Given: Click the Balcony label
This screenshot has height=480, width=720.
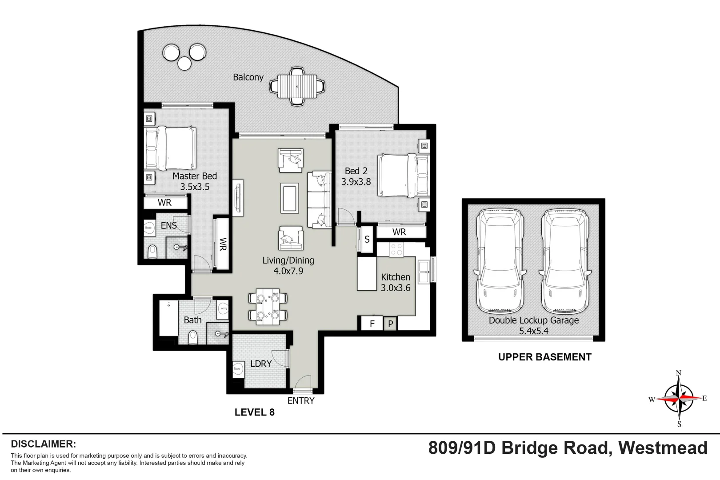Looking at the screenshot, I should pos(248,77).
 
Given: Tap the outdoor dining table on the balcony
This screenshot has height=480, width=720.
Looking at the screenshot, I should pos(297,86).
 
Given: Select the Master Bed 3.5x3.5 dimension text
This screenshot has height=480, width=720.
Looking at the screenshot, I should pos(195,187).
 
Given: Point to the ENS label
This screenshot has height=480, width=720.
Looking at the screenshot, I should pos(169,226).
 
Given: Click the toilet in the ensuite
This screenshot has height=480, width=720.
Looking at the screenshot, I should pos(152,251).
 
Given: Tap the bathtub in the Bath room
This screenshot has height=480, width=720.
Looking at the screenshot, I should pos(168,318).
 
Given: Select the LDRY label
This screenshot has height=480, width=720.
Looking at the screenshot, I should pos(260,364).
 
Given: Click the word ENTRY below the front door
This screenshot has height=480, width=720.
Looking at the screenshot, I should pos(300,401).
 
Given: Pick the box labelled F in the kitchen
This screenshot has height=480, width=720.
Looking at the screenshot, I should pos(372,324).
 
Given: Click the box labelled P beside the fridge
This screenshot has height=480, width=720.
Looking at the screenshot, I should pos(390,324).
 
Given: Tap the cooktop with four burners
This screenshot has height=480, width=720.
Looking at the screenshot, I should pos(396,249).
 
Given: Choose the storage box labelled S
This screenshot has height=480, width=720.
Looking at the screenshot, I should pos(367,240).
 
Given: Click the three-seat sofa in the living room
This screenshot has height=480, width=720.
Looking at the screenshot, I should pos(319,200).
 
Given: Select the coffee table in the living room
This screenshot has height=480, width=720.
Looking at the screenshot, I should pos(289,198).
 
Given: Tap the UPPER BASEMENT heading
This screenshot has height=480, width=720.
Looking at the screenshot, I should pos(544,357).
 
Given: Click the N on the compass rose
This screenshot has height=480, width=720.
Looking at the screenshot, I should pos(678,373).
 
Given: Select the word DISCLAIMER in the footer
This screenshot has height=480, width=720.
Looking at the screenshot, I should pos(43,444).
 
